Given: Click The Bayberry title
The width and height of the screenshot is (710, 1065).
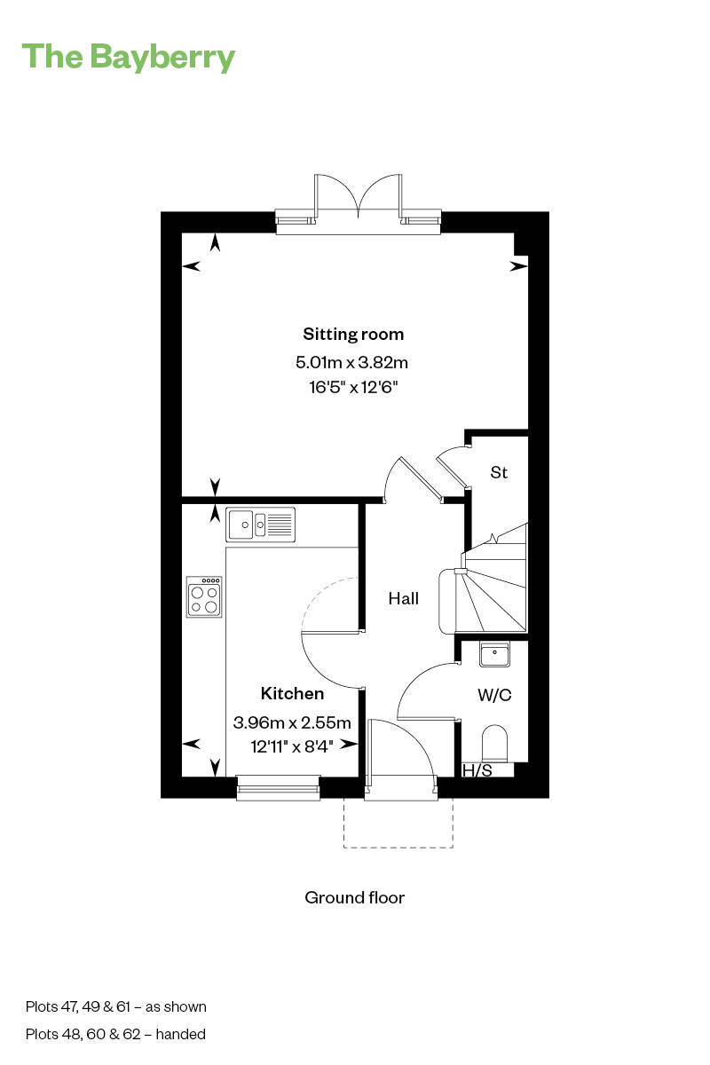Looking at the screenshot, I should (129, 57).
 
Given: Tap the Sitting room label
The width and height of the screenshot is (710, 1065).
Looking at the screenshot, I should (353, 335).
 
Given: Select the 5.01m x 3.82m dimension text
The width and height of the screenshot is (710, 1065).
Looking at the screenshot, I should (351, 362).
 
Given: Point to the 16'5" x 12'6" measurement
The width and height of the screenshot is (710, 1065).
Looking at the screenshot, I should (352, 387).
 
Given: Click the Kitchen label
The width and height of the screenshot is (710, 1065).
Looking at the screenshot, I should (292, 693).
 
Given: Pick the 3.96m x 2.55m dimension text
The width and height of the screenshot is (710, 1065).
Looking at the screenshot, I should (292, 722).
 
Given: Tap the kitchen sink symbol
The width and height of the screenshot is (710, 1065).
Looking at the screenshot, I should (260, 525).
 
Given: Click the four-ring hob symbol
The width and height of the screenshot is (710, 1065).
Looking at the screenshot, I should (204, 596).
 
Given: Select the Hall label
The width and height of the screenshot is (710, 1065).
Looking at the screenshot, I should (403, 599).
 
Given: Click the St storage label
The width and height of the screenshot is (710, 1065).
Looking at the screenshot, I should (499, 473).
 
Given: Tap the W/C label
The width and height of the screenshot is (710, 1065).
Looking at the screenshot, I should (494, 695).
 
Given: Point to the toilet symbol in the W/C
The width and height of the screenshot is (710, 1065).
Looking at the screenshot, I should (494, 745).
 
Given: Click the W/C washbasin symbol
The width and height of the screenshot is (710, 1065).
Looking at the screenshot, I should (494, 655).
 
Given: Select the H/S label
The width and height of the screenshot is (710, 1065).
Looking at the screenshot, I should (477, 770).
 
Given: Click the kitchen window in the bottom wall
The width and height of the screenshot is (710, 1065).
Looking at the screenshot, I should (278, 786).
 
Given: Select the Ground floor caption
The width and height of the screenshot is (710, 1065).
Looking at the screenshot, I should (354, 897).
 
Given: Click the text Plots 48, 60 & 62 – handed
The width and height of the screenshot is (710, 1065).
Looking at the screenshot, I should (115, 1034).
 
